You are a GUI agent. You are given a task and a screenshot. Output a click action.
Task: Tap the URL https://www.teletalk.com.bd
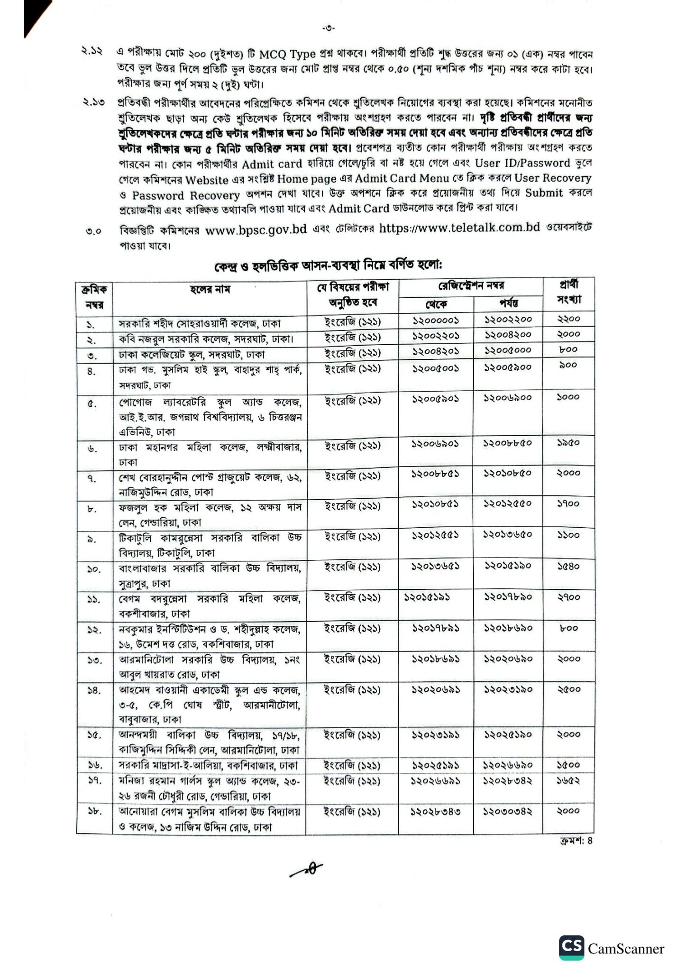point(459,228)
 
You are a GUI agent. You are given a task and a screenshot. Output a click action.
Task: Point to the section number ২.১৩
point(92,102)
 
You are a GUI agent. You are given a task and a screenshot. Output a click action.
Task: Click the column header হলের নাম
point(210,289)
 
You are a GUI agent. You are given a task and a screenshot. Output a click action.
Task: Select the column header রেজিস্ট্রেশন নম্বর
point(470,286)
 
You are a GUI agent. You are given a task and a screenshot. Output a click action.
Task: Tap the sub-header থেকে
point(436,304)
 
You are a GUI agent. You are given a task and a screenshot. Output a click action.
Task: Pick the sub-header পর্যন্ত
point(508,303)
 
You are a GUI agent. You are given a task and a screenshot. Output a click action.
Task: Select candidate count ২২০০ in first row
point(568,319)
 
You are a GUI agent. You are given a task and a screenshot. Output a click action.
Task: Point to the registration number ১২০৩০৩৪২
point(508,811)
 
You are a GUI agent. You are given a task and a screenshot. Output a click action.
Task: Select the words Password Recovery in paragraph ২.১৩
point(186,195)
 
